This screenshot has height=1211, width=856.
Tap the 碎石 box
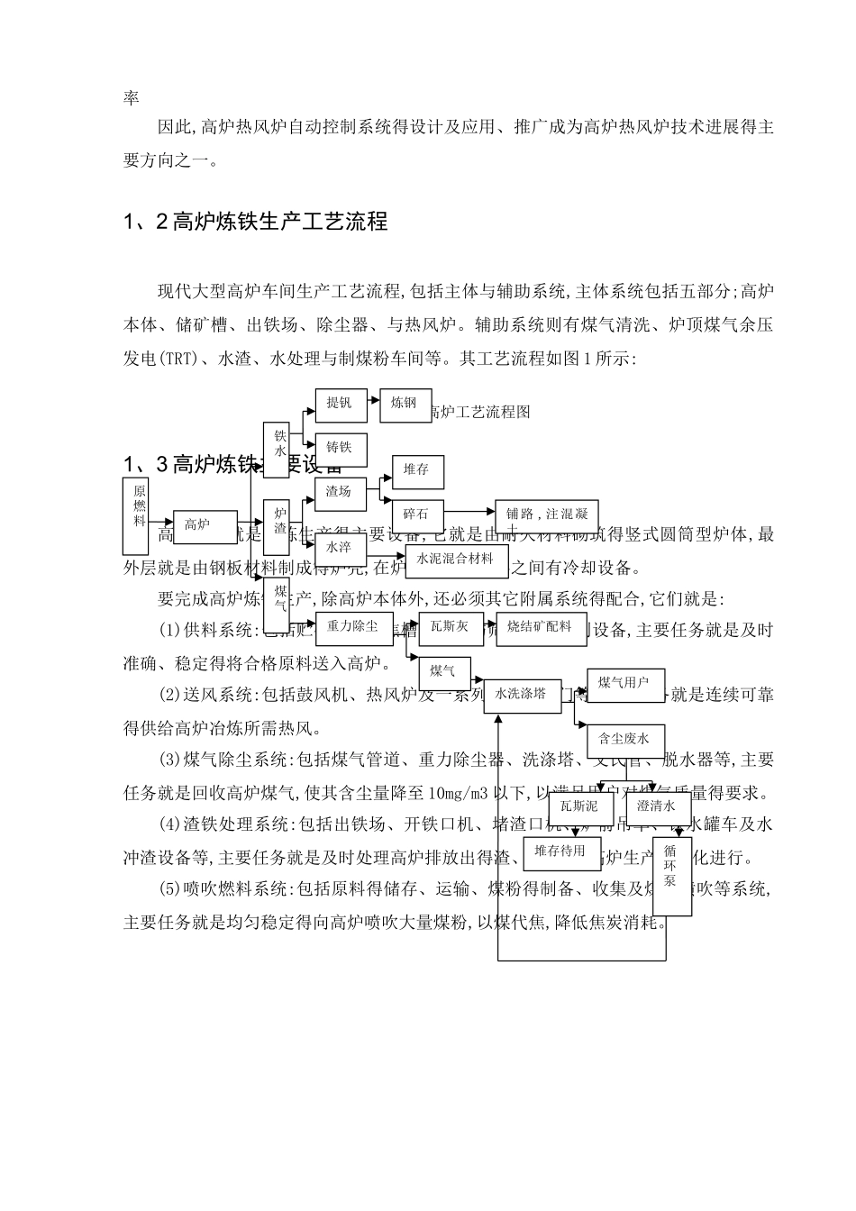417,515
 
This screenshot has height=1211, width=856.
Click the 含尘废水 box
624,740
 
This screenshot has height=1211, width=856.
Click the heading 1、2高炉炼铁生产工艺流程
255,221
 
